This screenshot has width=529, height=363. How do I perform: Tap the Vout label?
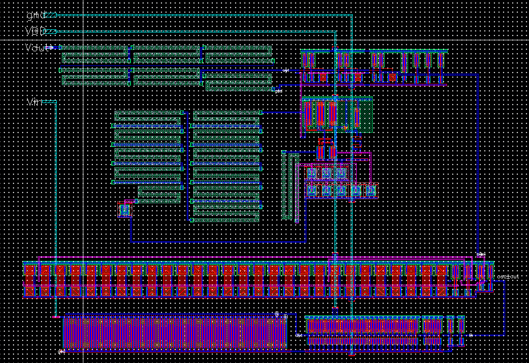[x=38, y=48]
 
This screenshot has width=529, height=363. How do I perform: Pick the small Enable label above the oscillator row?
[x=480, y=254]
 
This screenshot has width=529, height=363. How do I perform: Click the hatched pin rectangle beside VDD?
[x=50, y=32]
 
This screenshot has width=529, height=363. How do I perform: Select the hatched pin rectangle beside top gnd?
[x=50, y=15]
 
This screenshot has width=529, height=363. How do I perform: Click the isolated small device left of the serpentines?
[x=124, y=210]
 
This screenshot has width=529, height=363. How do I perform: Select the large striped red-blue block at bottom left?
[x=175, y=333]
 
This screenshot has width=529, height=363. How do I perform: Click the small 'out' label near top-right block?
[x=285, y=70]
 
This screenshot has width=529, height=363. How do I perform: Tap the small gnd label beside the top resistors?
[x=278, y=91]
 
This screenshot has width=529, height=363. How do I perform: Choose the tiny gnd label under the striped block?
[x=61, y=352]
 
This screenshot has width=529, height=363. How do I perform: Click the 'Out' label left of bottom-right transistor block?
[x=299, y=335]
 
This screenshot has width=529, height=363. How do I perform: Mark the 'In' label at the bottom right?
[x=471, y=335]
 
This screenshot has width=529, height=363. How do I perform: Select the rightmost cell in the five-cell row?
[x=370, y=190]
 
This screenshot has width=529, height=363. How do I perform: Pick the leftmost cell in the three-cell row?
[x=312, y=173]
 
